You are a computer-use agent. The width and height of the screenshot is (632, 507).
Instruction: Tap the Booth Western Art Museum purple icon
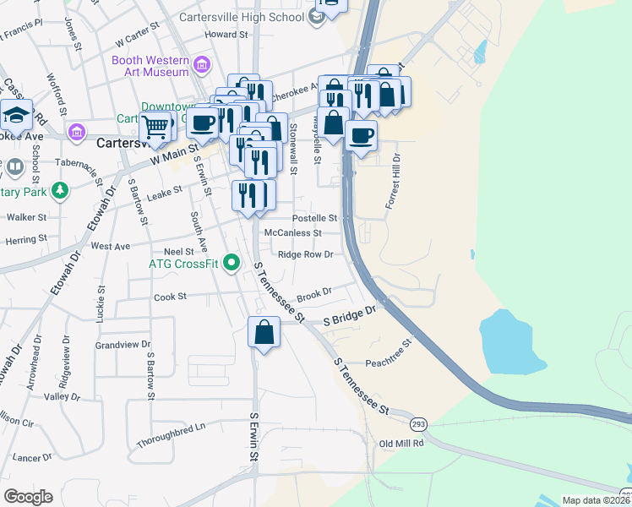pyautogui.click(x=202, y=64)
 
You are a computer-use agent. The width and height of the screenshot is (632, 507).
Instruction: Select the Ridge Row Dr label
pyautogui.click(x=306, y=253)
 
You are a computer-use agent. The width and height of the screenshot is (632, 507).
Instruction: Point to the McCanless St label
pyautogui.click(x=293, y=232)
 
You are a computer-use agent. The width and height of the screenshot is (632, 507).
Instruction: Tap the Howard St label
pyautogui.click(x=226, y=35)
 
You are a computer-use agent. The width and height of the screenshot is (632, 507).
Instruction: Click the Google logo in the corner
pyautogui.click(x=28, y=496)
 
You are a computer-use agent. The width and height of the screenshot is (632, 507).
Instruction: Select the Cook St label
pyautogui.click(x=170, y=297)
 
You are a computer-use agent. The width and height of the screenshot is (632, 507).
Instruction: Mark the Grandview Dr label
pyautogui.click(x=123, y=345)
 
